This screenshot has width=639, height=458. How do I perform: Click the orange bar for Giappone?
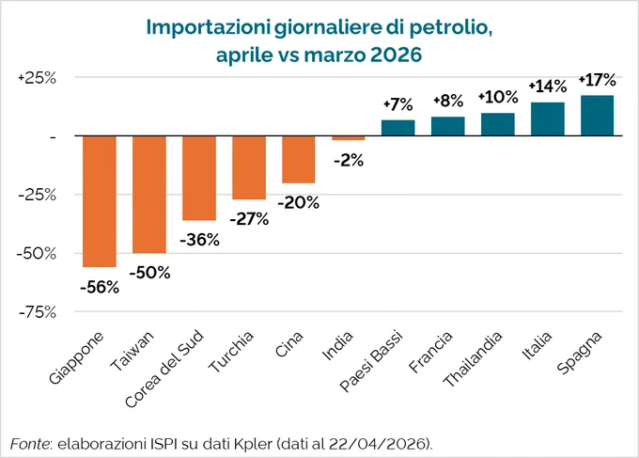100,201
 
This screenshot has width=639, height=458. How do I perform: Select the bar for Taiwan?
149,195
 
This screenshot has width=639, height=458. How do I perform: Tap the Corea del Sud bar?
199,179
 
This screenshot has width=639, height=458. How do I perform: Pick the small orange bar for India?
349,138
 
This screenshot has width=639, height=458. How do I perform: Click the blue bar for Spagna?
597,116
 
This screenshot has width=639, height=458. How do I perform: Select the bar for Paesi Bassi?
398,128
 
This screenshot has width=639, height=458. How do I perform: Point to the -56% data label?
100,288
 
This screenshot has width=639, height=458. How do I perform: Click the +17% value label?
598,80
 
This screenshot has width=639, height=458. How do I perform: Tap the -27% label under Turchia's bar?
249,219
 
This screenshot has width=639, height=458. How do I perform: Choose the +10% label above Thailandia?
498,97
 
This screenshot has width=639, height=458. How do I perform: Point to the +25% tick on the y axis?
37,78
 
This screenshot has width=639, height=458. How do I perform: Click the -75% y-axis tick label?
38,312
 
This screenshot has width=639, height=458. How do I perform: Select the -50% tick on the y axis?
37,254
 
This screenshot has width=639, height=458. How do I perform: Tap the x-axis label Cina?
289,344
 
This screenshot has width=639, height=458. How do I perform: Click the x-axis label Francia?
430,352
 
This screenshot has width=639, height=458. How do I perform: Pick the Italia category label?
538,345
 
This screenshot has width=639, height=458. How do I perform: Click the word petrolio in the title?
450,27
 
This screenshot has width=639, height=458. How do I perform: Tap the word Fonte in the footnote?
30,444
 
